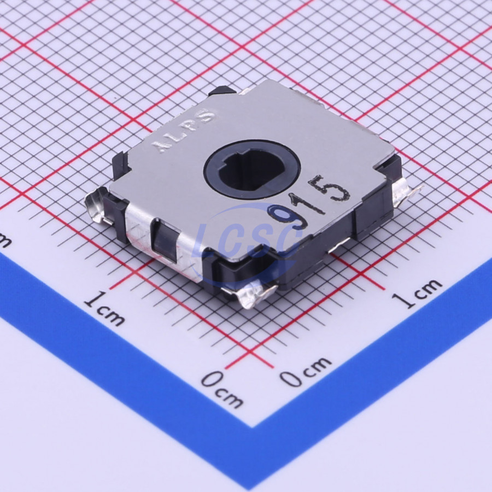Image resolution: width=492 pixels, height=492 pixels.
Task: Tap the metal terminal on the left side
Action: tap(98, 206)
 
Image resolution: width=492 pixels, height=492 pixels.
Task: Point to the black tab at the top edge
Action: tap(223, 90)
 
